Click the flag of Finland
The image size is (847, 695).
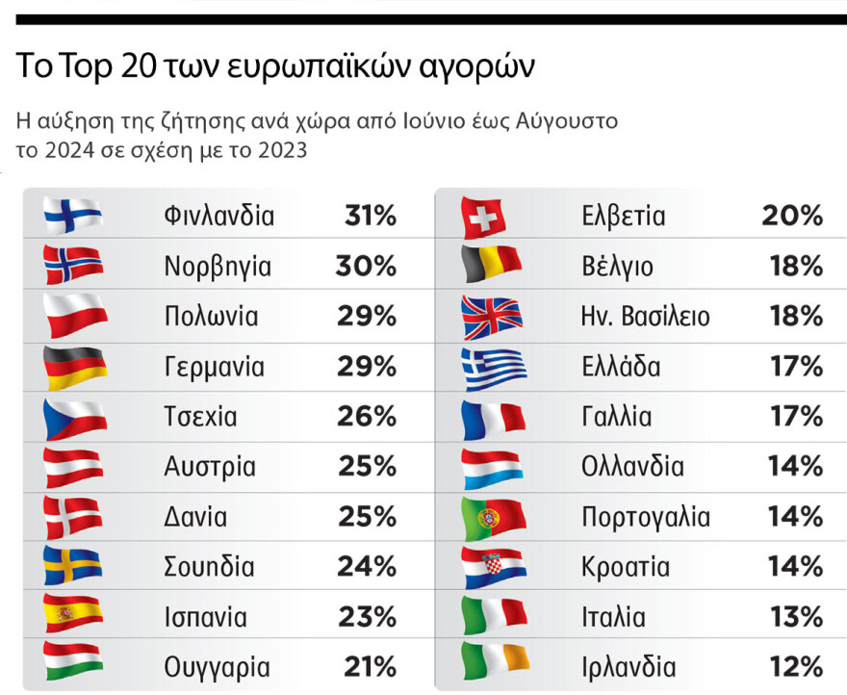[73, 215]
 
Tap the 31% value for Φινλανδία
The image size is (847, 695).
[371, 217]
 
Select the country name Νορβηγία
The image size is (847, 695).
[218, 267]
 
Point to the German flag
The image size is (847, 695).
[73, 367]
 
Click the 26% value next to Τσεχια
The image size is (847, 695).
[367, 417]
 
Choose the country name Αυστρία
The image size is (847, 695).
[210, 468]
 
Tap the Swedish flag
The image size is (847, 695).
[73, 566]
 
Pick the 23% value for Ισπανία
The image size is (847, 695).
[367, 617]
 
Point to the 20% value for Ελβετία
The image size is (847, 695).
[792, 217]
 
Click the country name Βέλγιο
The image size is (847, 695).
[617, 267]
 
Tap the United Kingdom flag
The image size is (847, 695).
[492, 318]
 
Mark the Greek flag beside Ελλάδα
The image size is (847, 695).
[493, 368]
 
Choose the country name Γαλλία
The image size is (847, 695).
[616, 417]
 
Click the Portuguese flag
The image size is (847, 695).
[492, 518]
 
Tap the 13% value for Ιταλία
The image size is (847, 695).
[796, 617]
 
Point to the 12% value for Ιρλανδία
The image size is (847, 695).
[796, 667]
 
